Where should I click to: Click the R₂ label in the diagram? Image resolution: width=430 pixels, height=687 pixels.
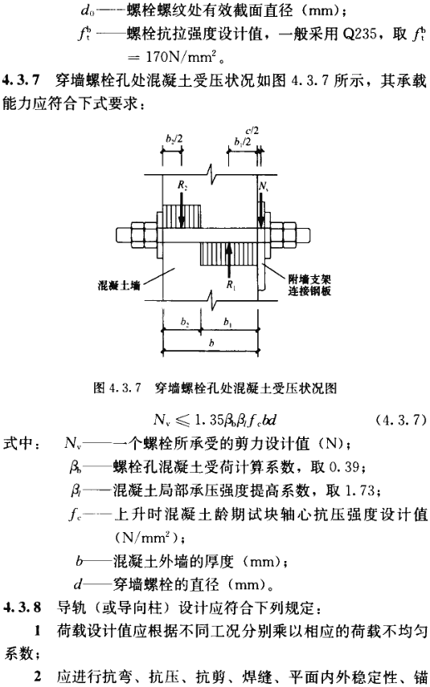(x=183, y=185)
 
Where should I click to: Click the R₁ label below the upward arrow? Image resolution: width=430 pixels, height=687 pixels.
(x=231, y=285)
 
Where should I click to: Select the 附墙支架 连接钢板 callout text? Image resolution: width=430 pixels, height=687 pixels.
(x=309, y=285)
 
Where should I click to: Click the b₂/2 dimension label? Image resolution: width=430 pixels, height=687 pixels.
(x=174, y=139)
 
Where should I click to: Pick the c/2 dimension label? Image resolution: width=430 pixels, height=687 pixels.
(x=252, y=130)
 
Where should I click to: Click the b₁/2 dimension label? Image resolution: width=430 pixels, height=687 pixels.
(x=243, y=142)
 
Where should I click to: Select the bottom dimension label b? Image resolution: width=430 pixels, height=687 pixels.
(x=211, y=343)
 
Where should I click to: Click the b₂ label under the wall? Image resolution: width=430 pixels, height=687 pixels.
(x=185, y=323)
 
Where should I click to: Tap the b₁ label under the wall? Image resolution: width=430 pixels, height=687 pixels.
(x=227, y=323)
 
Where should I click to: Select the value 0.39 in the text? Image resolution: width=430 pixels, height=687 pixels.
(x=345, y=467)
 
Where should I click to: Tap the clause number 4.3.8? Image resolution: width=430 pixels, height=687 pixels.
(x=23, y=608)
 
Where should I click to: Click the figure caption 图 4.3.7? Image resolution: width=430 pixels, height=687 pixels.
(x=117, y=388)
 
